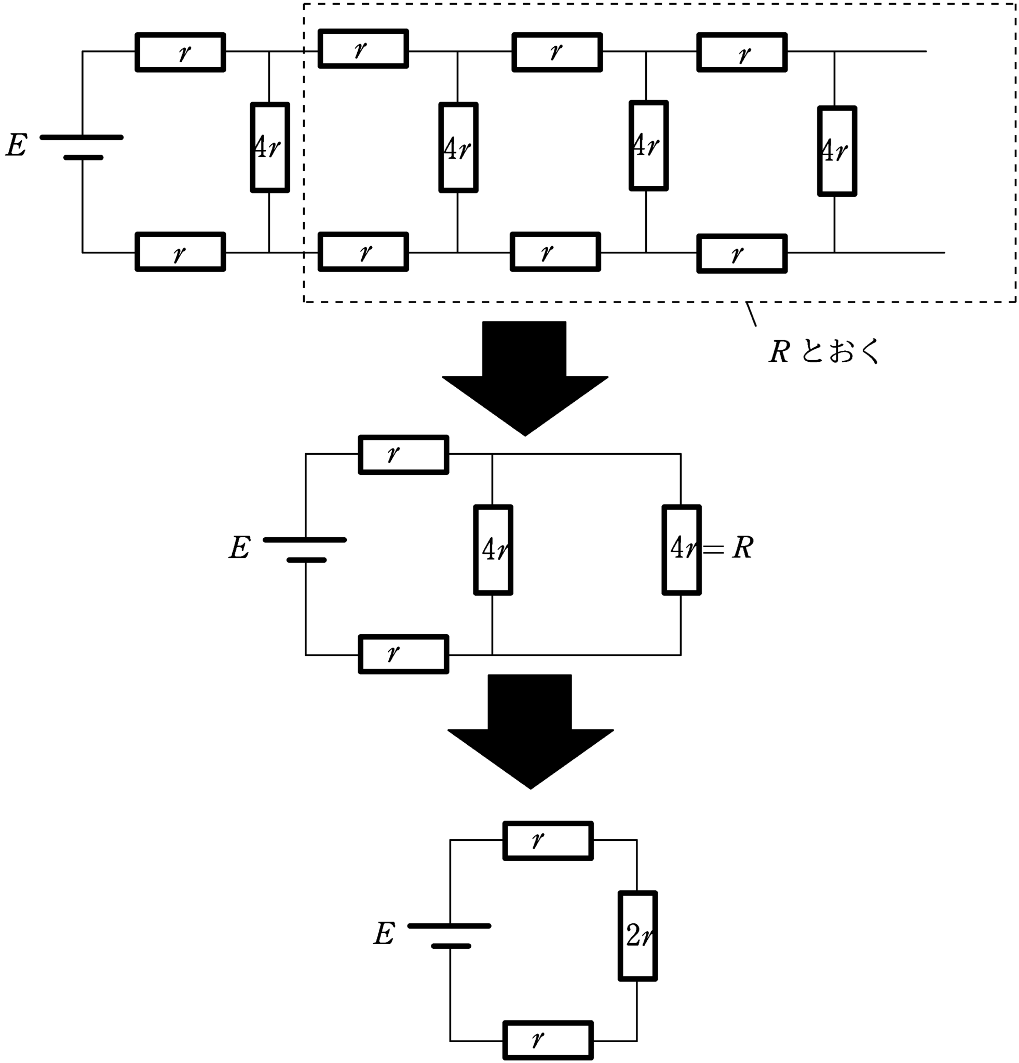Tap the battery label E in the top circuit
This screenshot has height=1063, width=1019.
coord(17,145)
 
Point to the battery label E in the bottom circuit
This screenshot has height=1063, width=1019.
coord(384,934)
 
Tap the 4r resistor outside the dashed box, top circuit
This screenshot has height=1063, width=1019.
coord(269,147)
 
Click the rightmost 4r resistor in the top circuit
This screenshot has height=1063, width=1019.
coord(837,151)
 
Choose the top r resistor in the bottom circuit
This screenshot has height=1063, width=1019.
coord(548,841)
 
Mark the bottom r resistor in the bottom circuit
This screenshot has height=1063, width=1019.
coord(548,1040)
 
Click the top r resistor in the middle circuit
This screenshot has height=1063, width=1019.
coord(403,455)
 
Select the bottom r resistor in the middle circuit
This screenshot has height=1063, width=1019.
coord(403,654)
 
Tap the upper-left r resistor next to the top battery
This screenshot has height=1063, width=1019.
coord(180,52)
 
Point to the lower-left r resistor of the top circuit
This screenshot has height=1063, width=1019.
coord(180,252)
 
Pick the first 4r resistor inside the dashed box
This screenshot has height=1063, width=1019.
coord(458,147)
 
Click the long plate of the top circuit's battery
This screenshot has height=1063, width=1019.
coord(82,137)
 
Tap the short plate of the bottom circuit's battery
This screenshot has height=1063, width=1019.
coord(451,946)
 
